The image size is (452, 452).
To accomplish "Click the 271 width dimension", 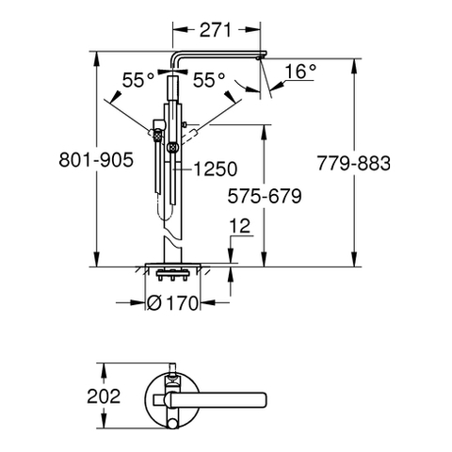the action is pos(216,30).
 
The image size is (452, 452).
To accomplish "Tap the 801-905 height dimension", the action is pos(96,160).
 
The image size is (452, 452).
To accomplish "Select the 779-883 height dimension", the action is pos(354,163).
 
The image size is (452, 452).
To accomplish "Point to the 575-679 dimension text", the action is pos(265,197).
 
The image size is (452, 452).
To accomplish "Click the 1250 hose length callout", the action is pos(216,169).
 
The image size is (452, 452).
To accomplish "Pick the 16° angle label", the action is pos(300,72).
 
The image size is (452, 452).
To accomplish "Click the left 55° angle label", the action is pos(138,80).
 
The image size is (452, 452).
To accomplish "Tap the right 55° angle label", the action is pos(209,80).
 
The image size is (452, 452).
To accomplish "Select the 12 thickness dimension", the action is pos(240,226).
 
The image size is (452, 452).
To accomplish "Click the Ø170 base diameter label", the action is pos(172,303).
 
